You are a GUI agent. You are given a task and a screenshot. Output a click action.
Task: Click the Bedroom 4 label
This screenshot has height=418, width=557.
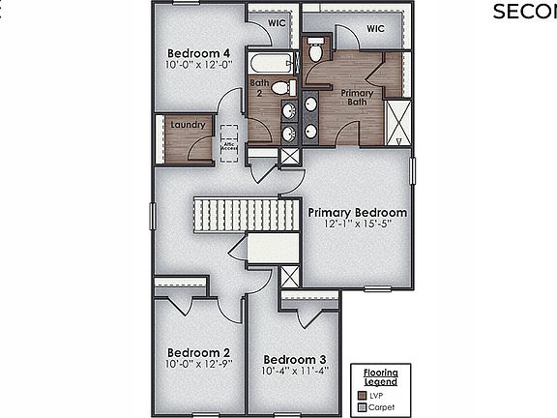pos(198,53)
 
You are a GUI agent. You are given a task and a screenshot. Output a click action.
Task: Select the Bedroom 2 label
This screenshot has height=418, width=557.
pos(198,352)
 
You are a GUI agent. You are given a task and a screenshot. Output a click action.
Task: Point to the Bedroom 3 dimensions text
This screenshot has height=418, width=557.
pos(295,371)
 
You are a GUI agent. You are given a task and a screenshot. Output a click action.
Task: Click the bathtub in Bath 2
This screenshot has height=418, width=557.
pos(269,64)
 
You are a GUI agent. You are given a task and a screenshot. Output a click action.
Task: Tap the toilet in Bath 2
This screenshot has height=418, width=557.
pos(281,88)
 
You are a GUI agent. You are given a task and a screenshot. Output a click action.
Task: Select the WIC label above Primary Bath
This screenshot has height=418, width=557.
pos(375,30)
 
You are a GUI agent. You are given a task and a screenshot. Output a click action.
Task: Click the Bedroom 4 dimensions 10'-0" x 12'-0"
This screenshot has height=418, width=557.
pos(198,65)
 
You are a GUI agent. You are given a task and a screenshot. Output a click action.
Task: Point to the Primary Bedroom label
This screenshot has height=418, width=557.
pos(357,212)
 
